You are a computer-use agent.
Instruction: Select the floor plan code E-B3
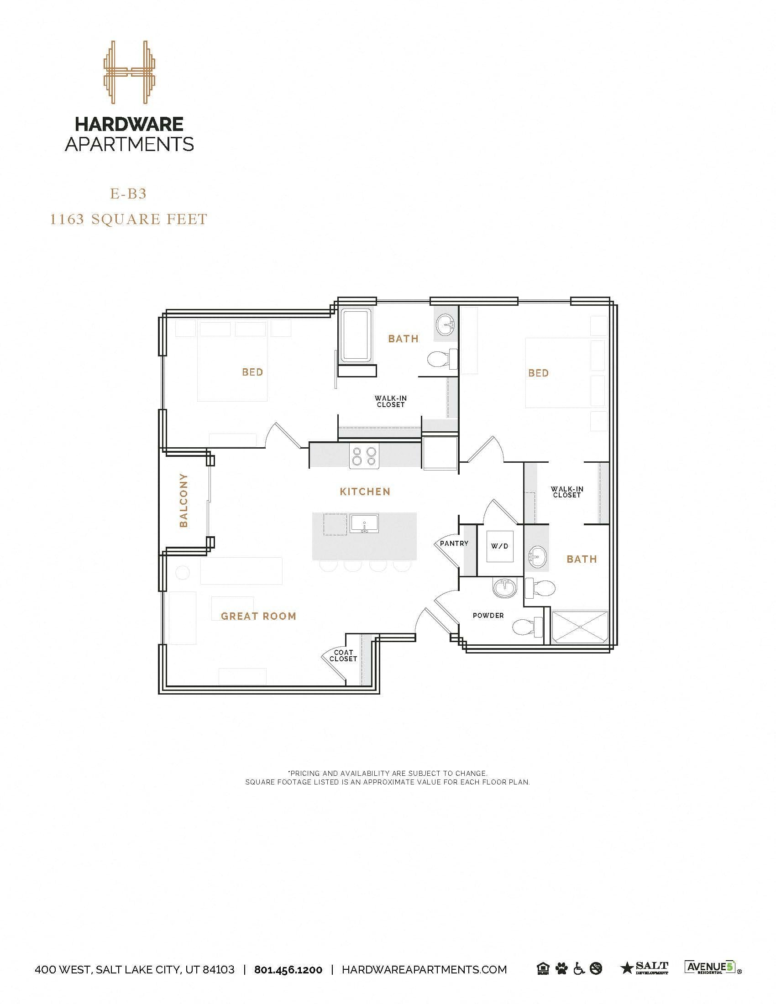coord(128,194)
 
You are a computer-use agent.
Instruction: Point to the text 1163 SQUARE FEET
coord(128,219)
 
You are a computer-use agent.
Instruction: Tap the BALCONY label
coord(184,500)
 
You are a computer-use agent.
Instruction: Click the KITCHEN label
coord(365,492)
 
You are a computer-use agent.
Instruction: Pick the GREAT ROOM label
coord(258,616)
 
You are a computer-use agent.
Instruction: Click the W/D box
coord(500,546)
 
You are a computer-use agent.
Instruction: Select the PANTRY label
coord(454,543)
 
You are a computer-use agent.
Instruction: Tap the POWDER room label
coord(488,615)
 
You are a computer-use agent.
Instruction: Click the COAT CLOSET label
coord(343,655)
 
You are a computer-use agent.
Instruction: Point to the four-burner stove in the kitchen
coord(364,455)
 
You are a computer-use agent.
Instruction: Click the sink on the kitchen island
coord(364,523)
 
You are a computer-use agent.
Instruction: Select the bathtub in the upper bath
coord(357,334)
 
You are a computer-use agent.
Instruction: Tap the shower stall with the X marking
coord(580,627)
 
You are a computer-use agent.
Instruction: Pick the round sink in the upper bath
coord(446,325)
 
